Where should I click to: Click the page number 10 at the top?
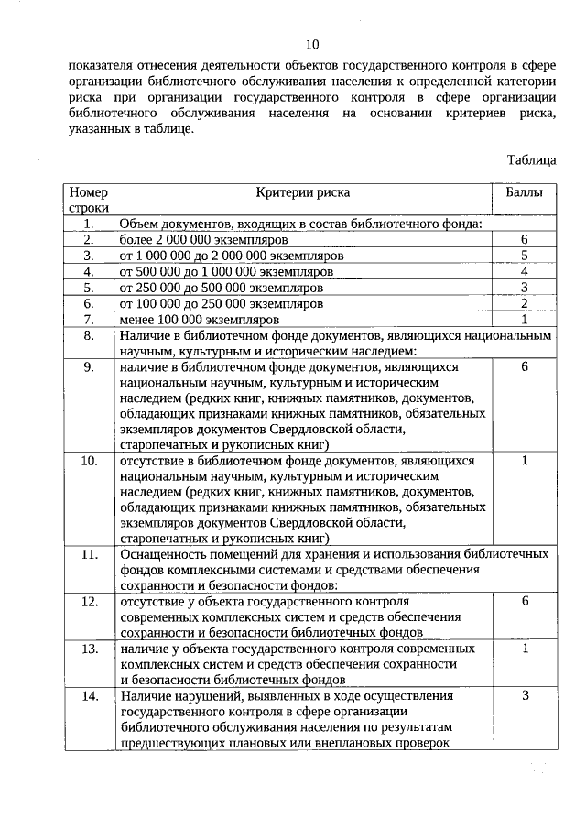pos(312,44)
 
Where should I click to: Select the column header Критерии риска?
pos(303,193)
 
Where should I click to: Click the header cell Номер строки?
pos(88,201)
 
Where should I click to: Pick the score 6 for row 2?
pos(525,238)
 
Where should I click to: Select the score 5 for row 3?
pos(525,255)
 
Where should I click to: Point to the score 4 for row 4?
pos(525,271)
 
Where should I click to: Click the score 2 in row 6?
pos(525,303)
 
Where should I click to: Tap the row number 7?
pos(89,320)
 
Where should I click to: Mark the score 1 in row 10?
pos(525,460)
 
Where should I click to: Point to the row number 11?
pos(89,554)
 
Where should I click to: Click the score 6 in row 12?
pos(525,601)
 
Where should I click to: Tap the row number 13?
pos(89,649)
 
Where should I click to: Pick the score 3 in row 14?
pos(525,695)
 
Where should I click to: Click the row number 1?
pos(89,223)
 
